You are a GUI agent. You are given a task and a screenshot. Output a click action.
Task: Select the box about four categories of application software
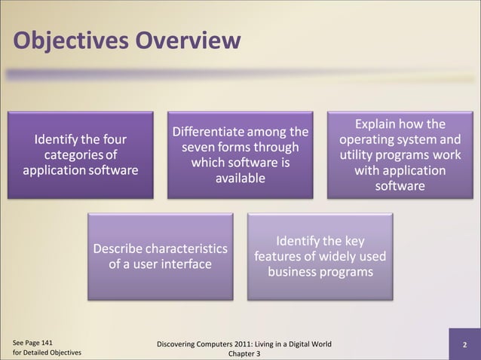pyautogui.click(x=80, y=155)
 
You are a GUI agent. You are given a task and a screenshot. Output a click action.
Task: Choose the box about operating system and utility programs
pyautogui.click(x=400, y=155)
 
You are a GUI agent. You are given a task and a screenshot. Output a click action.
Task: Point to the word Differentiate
pyautogui.click(x=207, y=133)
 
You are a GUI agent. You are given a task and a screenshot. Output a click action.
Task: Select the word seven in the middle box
pyautogui.click(x=198, y=148)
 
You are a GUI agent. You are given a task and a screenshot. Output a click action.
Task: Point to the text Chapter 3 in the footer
pyautogui.click(x=243, y=354)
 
